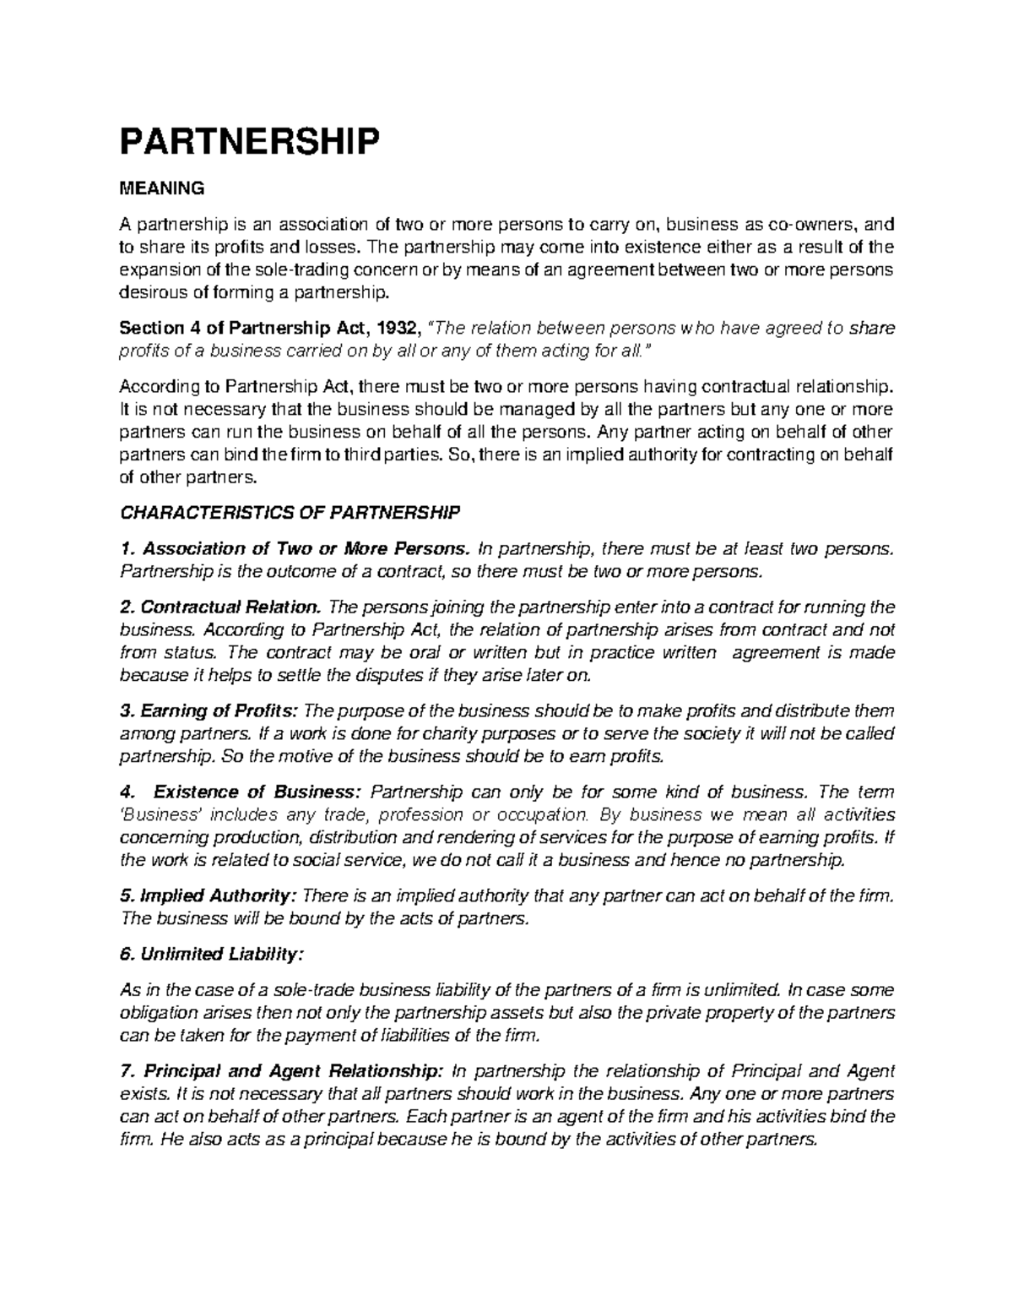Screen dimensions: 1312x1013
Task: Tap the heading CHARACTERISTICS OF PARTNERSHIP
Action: point(290,513)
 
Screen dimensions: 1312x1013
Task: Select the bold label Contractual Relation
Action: point(229,607)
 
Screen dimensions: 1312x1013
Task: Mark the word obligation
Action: point(158,1013)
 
